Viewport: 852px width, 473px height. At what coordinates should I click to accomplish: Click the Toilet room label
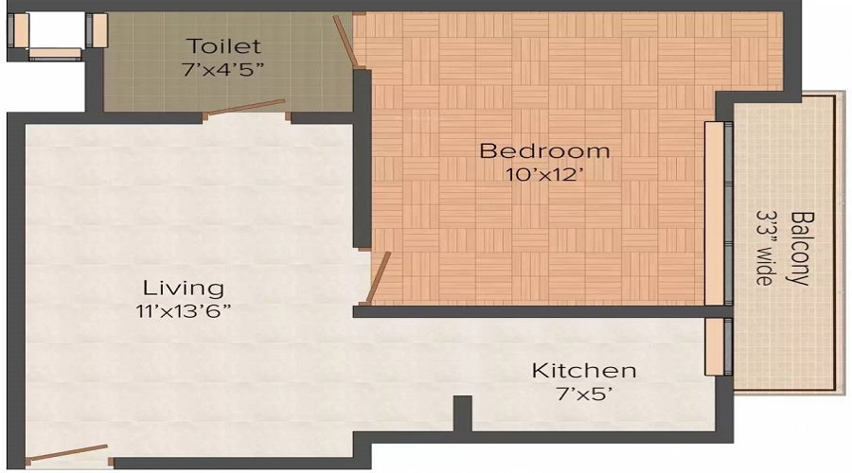click(x=223, y=46)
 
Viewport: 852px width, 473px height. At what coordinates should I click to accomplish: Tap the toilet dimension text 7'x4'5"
click(x=223, y=69)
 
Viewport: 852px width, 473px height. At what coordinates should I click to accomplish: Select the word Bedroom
click(x=544, y=150)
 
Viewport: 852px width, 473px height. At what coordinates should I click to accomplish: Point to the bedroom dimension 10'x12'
click(x=544, y=173)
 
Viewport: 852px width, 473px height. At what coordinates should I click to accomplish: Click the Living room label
click(x=184, y=288)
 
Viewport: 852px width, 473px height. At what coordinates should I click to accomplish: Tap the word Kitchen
click(x=583, y=370)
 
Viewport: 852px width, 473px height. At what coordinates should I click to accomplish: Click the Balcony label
click(x=800, y=248)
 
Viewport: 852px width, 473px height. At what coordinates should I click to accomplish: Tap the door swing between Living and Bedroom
click(x=378, y=277)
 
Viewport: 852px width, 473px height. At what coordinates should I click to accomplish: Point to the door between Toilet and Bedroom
click(x=347, y=44)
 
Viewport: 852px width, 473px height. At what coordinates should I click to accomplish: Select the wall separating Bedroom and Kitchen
click(x=530, y=311)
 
